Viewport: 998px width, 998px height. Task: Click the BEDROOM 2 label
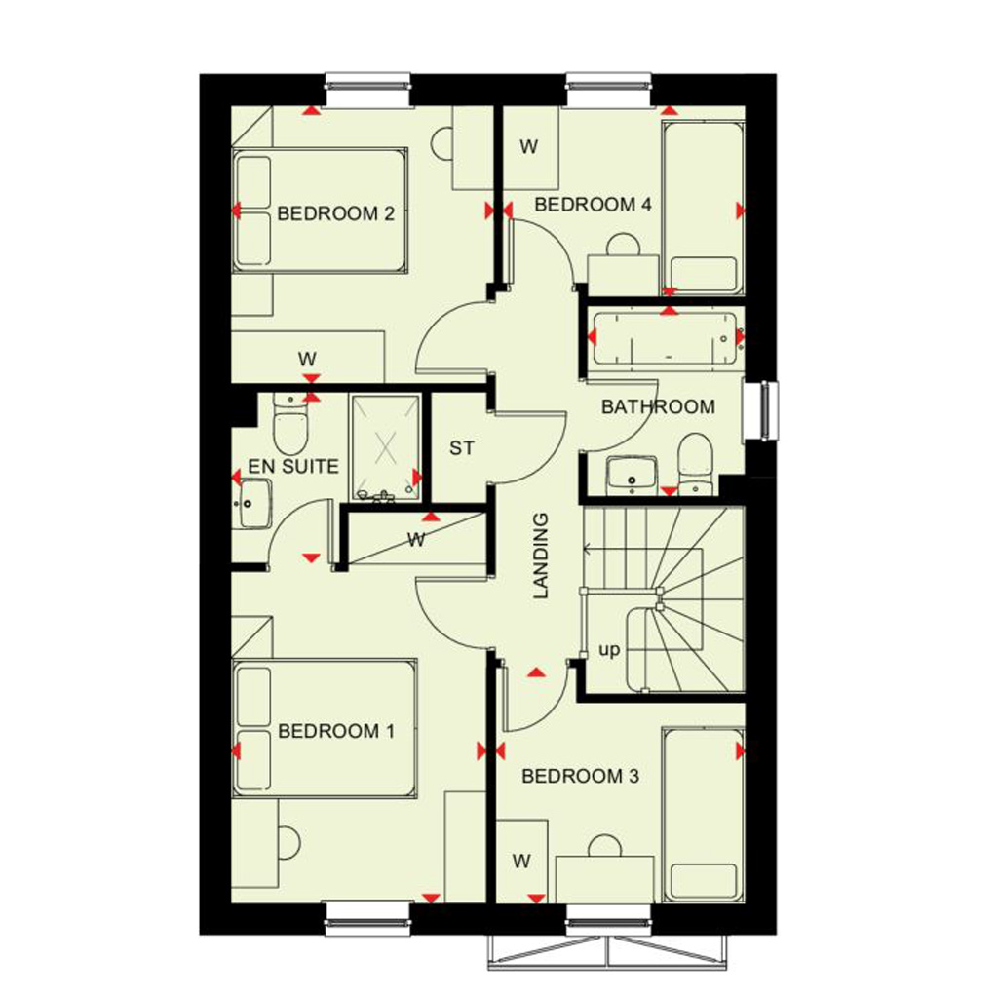click(335, 213)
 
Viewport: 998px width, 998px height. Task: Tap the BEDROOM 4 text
click(593, 205)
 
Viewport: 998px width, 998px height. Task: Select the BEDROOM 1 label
click(336, 731)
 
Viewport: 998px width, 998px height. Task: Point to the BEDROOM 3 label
click(580, 776)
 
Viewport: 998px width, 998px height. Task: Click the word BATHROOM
click(658, 406)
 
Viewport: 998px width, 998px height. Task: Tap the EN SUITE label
click(292, 467)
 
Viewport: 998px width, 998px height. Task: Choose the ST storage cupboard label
click(461, 448)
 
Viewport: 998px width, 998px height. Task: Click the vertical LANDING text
click(540, 556)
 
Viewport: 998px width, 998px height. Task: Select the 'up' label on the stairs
click(608, 650)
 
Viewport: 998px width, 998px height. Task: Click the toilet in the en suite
click(290, 423)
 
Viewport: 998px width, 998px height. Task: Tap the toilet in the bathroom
click(696, 464)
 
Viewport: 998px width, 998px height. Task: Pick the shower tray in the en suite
click(385, 446)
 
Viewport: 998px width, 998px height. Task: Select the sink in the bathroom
click(632, 475)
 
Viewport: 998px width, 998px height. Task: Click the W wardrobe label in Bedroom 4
click(528, 147)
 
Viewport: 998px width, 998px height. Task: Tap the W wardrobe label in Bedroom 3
click(520, 862)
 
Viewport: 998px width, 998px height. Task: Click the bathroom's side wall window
click(760, 410)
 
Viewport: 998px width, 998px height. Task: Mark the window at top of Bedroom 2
click(367, 89)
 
